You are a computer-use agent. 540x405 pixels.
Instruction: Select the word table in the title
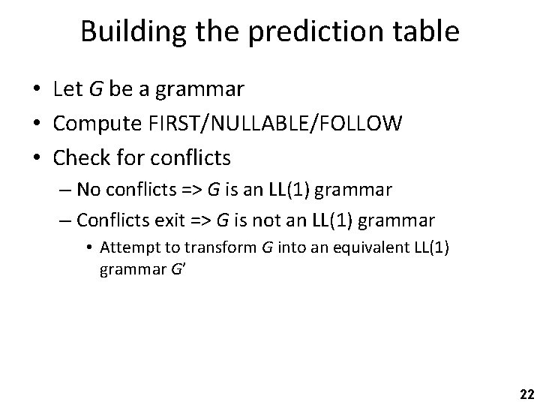pyautogui.click(x=424, y=31)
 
